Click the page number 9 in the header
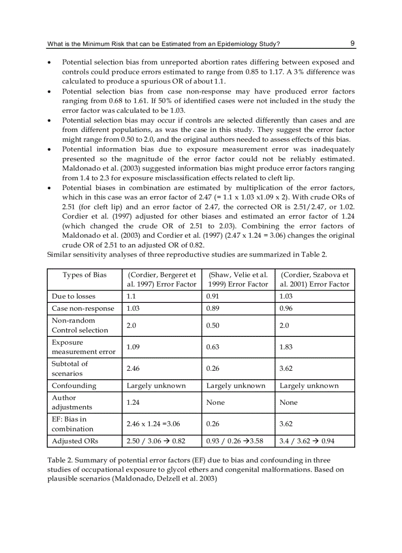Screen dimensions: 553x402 pyautogui.click(x=353, y=43)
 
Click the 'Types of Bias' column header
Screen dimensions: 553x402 pyautogui.click(x=84, y=275)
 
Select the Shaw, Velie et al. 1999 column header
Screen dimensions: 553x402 pyautogui.click(x=238, y=279)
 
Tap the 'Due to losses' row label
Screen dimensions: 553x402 pyautogui.click(x=73, y=296)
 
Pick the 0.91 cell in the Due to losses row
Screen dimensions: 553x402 pyautogui.click(x=213, y=296)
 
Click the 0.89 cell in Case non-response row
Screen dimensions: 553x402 pyautogui.click(x=213, y=309)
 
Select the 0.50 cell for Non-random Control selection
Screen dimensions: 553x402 pyautogui.click(x=213, y=325)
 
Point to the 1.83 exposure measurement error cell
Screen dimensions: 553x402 pyautogui.click(x=286, y=347)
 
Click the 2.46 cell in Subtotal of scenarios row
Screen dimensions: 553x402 pyautogui.click(x=134, y=368)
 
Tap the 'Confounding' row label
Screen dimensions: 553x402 pyautogui.click(x=74, y=386)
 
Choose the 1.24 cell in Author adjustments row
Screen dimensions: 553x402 pyautogui.click(x=134, y=402)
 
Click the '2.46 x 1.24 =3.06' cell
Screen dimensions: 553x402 pyautogui.click(x=153, y=423)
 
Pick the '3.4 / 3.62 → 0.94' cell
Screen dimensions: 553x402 pyautogui.click(x=306, y=441)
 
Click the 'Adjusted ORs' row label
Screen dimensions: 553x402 pyautogui.click(x=75, y=441)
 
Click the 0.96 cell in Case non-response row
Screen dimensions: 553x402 pyautogui.click(x=286, y=309)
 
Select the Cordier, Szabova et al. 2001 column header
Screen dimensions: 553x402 pyautogui.click(x=314, y=279)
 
